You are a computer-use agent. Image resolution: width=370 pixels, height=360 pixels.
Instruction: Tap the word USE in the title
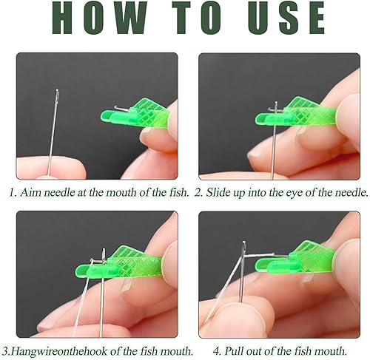(286, 17)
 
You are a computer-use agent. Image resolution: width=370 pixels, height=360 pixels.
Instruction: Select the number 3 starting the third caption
(5, 351)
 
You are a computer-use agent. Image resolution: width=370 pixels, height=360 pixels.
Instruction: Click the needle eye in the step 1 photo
(58, 94)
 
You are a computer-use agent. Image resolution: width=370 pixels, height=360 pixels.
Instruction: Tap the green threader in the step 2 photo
(296, 113)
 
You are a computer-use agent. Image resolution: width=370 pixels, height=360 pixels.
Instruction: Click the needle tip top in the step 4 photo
(244, 242)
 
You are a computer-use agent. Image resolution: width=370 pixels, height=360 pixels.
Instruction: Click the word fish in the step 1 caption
(178, 192)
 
